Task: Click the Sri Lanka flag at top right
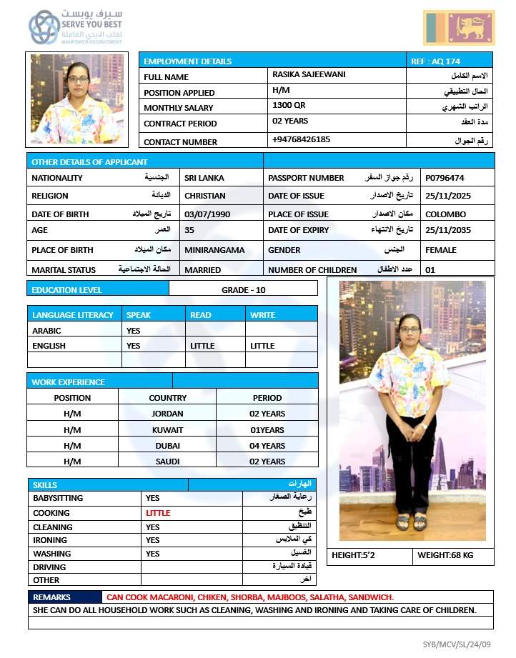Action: [x=459, y=28]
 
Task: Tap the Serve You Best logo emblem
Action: [x=44, y=27]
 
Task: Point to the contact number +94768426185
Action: [x=301, y=139]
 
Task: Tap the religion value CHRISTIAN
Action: [x=204, y=196]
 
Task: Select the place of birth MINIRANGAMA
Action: [x=214, y=251]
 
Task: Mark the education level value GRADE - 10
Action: [x=243, y=290]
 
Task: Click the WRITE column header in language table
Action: [x=262, y=315]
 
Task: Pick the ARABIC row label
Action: [x=46, y=331]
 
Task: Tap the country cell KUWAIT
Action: [x=167, y=430]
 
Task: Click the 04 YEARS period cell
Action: [x=267, y=446]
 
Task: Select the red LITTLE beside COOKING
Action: [x=158, y=513]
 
